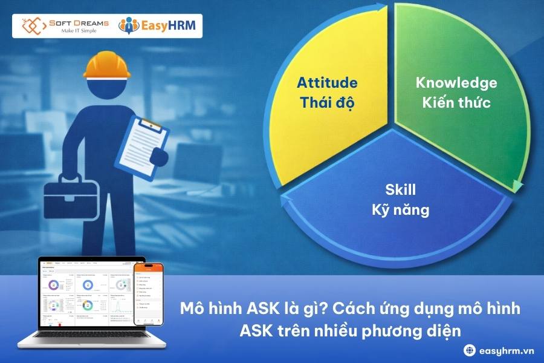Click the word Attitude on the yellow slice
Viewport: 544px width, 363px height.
327,83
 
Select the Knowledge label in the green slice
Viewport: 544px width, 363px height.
456,83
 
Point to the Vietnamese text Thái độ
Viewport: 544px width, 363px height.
327,102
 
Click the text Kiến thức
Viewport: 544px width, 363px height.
456,102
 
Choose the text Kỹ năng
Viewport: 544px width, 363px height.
400,211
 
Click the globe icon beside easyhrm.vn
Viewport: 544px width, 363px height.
469,349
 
